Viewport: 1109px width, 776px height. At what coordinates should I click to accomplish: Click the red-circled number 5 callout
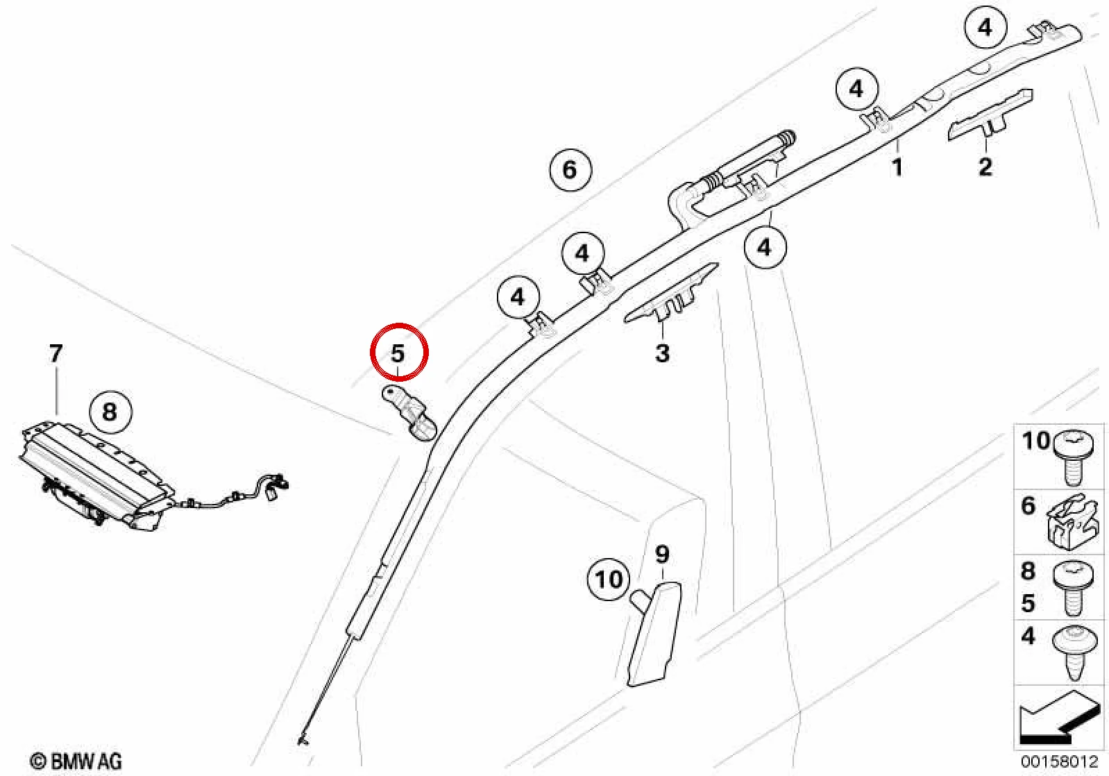[x=399, y=353]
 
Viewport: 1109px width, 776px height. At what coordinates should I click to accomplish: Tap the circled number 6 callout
[x=570, y=169]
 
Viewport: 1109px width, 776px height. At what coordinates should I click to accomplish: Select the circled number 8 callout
[x=110, y=412]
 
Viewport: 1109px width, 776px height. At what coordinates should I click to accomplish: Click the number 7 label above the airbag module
[x=56, y=353]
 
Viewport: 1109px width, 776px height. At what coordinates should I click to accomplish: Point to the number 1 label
[x=897, y=167]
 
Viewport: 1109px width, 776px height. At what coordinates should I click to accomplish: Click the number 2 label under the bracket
[x=985, y=167]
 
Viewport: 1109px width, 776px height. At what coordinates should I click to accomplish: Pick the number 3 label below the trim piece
[x=663, y=353]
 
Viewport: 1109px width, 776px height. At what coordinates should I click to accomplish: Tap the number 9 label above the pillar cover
[x=663, y=554]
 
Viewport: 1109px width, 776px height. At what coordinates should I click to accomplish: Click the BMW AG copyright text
[x=76, y=761]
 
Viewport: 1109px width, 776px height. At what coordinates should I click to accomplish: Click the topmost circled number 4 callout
[x=986, y=28]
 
